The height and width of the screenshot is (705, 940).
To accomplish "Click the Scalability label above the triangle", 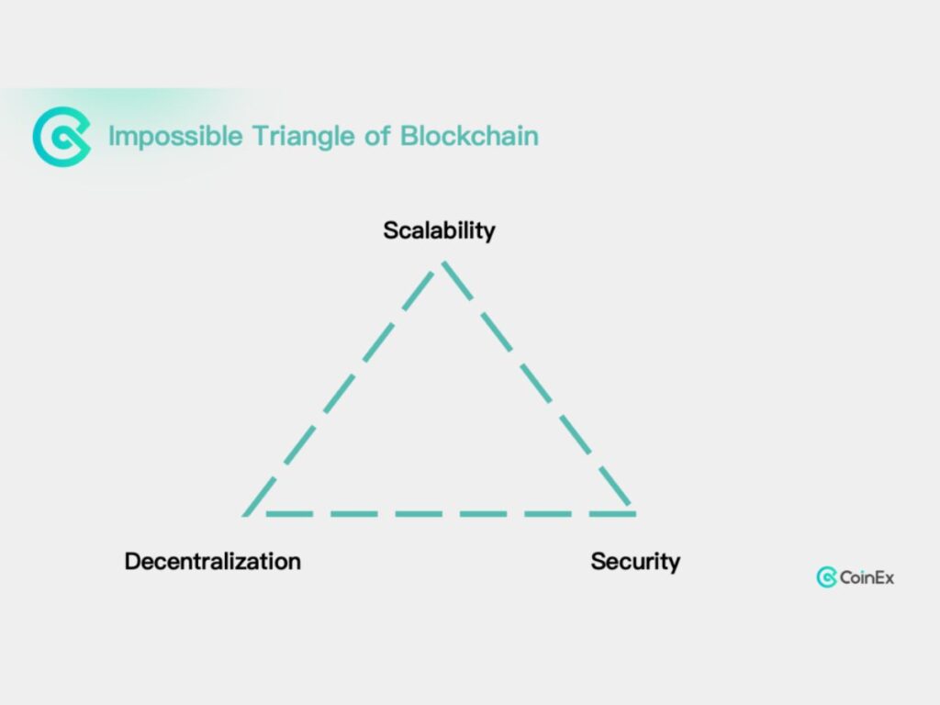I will [x=439, y=229].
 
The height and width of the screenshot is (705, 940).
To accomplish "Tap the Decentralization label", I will [x=212, y=561].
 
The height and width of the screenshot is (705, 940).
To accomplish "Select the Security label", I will [x=635, y=561].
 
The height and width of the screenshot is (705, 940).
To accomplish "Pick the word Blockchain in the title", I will [x=469, y=137].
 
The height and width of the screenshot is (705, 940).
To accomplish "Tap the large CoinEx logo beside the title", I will [x=62, y=137].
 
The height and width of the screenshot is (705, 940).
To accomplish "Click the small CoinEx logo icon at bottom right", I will [x=826, y=577].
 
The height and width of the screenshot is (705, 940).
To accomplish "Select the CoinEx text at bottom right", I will [x=867, y=577].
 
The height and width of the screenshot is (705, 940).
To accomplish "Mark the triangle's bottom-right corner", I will [x=632, y=512].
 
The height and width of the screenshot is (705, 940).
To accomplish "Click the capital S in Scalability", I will [x=390, y=229].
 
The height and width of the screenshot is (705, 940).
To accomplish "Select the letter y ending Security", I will [x=674, y=563].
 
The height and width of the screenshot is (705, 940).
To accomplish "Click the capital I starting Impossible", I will [x=111, y=137].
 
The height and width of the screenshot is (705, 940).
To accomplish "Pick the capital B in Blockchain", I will [x=408, y=137].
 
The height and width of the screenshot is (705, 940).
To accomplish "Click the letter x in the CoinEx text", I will [x=889, y=577].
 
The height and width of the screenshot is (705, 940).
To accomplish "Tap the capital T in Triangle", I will [x=258, y=137].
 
